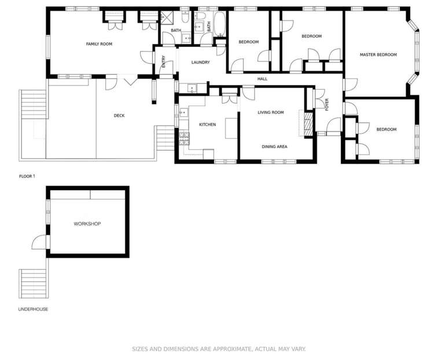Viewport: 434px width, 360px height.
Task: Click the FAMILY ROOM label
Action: (99, 44)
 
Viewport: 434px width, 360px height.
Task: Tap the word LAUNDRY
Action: (200, 63)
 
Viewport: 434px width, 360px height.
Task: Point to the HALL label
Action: (263, 79)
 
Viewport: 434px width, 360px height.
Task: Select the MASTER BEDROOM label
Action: (378, 54)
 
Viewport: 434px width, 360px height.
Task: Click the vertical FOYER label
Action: (327, 105)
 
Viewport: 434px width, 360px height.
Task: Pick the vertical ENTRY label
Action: (164, 61)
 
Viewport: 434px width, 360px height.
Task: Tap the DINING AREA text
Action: (274, 146)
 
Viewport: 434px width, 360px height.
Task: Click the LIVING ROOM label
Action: (270, 112)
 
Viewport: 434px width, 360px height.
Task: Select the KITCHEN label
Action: (207, 124)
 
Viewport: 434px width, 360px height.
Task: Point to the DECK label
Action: (119, 116)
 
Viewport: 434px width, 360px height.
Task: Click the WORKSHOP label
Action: (87, 223)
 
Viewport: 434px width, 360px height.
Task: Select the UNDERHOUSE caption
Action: (33, 309)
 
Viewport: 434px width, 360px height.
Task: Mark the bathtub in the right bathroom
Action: (220, 25)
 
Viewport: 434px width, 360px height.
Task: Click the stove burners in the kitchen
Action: (184, 137)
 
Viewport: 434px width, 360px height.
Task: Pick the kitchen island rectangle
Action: (231, 128)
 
